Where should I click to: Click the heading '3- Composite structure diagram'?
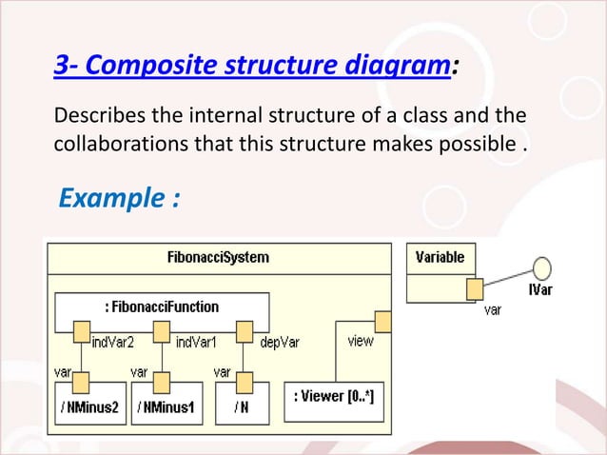(253, 67)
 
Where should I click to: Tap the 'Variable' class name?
(441, 257)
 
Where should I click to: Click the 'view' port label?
(361, 340)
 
